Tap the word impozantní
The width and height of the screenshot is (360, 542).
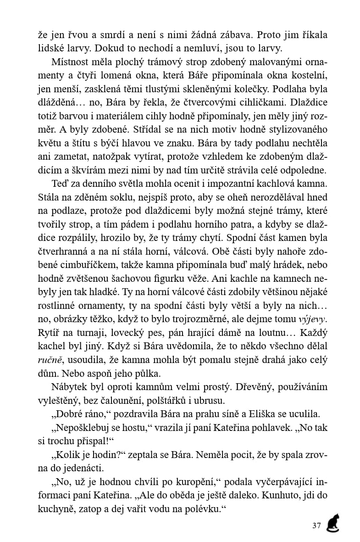211,185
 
